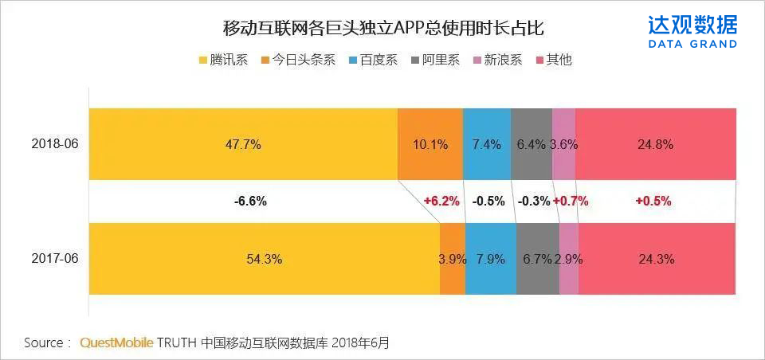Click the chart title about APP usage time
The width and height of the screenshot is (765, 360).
tap(382, 29)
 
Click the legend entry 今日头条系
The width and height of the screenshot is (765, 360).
tap(296, 60)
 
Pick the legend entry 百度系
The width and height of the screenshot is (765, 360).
tap(371, 60)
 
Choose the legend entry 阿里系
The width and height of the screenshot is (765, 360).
tap(435, 60)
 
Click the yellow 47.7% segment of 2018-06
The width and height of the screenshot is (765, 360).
tap(243, 144)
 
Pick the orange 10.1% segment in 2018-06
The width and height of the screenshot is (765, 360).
tap(430, 144)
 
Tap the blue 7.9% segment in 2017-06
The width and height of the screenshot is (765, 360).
tap(490, 259)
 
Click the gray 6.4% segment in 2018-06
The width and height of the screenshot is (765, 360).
tap(532, 144)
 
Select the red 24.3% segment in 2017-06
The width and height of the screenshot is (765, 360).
tap(656, 259)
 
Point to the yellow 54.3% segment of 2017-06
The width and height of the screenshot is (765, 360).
tap(264, 259)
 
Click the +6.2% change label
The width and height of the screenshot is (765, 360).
tap(441, 202)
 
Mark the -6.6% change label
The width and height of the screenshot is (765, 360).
tap(250, 202)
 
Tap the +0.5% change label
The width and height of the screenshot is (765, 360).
tap(653, 202)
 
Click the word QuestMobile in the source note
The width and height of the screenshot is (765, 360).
tap(116, 343)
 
